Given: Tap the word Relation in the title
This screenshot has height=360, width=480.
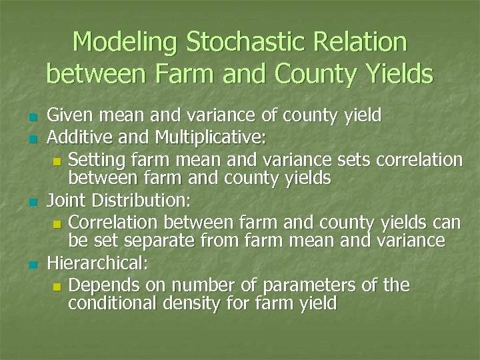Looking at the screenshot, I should coord(365,42).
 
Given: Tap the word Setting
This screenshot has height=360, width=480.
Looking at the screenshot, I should coord(97,160).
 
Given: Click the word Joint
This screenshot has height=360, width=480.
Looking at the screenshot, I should coord(65,200).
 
